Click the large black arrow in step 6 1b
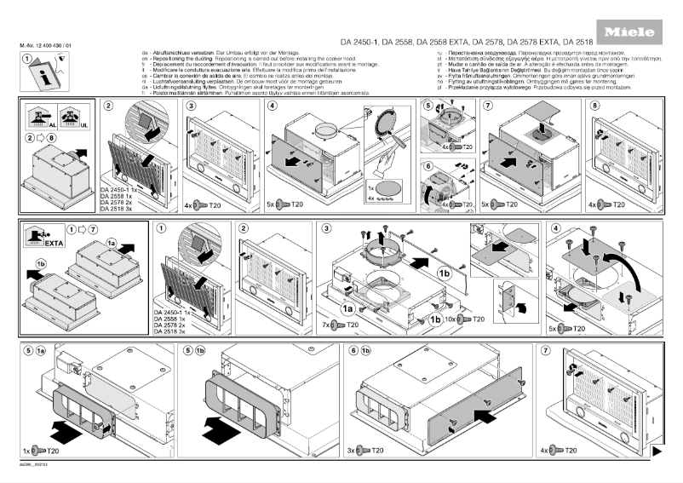tap(481, 415)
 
